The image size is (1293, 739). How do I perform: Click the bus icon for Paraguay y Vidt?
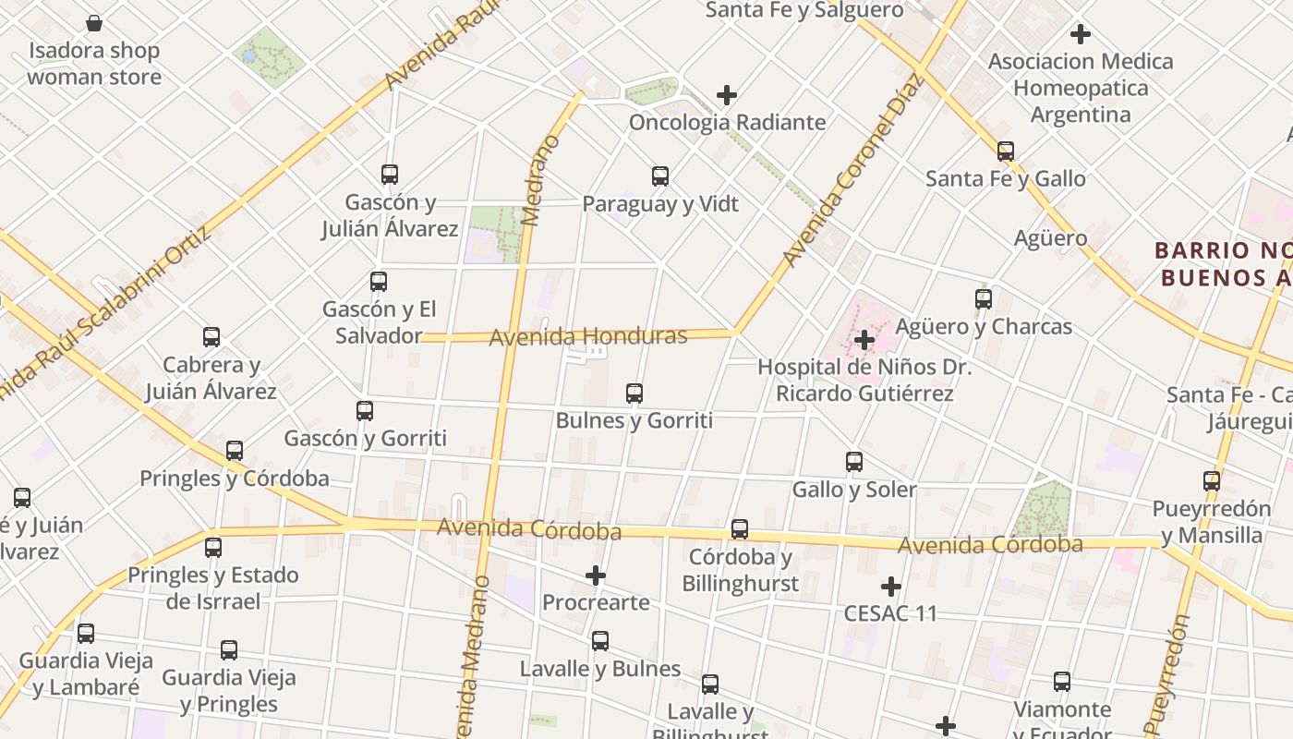pyautogui.click(x=660, y=176)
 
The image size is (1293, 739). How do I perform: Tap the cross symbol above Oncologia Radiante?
pyautogui.click(x=727, y=95)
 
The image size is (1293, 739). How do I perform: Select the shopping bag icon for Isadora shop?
pyautogui.click(x=94, y=23)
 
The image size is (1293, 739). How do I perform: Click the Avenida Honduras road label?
pyautogui.click(x=587, y=336)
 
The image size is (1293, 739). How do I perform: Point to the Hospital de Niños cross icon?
pyautogui.click(x=864, y=340)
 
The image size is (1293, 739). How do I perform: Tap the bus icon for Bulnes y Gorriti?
pyautogui.click(x=634, y=394)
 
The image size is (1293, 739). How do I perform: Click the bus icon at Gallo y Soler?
pyautogui.click(x=854, y=462)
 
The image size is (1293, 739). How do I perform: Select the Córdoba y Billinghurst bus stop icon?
pyautogui.click(x=740, y=529)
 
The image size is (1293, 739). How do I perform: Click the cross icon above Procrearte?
pyautogui.click(x=596, y=576)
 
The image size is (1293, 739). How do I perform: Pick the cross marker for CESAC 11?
pyautogui.click(x=891, y=587)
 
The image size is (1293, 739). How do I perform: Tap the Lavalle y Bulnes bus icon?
pyautogui.click(x=600, y=641)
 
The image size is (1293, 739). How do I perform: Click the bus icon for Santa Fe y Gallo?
pyautogui.click(x=1006, y=151)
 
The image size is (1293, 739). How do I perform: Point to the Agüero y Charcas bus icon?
pyautogui.click(x=984, y=299)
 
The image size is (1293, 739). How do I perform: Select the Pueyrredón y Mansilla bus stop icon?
pyautogui.click(x=1212, y=481)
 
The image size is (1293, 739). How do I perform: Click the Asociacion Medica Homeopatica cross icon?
pyautogui.click(x=1081, y=35)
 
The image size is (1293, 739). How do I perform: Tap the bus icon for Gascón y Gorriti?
pyautogui.click(x=365, y=411)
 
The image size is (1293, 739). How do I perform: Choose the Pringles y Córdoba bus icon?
pyautogui.click(x=235, y=451)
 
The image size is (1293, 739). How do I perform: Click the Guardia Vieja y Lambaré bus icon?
pyautogui.click(x=86, y=634)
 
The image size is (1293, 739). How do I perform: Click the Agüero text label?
pyautogui.click(x=1050, y=238)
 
